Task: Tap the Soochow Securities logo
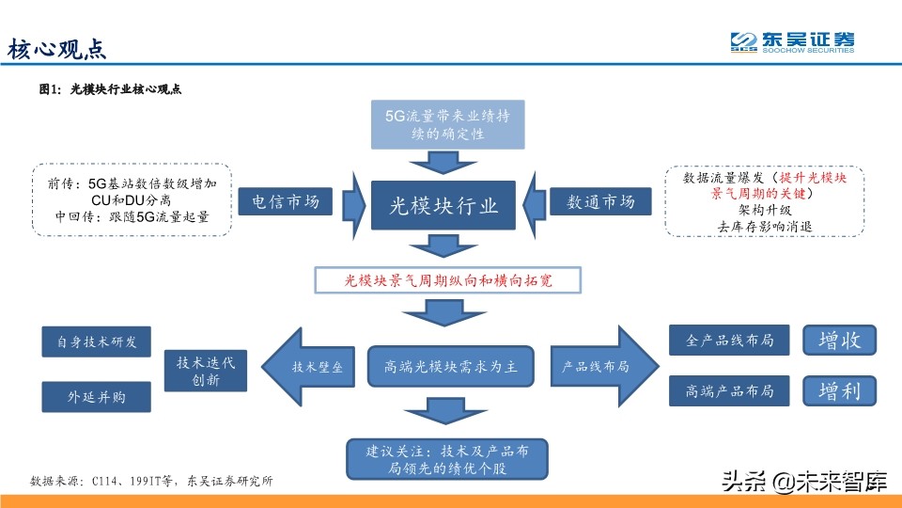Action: (x=793, y=42)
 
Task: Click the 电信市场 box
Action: (x=286, y=201)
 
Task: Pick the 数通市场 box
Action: (x=600, y=201)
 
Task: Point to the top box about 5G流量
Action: (x=447, y=124)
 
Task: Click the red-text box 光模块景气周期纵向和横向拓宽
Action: (x=448, y=279)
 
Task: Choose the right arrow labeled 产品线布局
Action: (x=597, y=366)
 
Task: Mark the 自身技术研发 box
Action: (x=97, y=341)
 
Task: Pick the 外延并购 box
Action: (x=97, y=396)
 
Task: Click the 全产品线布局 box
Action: (x=729, y=341)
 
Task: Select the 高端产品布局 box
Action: (x=729, y=390)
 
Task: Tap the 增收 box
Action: (x=839, y=340)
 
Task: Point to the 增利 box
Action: (x=839, y=390)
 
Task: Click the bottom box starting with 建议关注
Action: (x=446, y=458)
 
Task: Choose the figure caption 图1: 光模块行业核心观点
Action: (x=109, y=89)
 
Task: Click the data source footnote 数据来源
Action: (x=150, y=481)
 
